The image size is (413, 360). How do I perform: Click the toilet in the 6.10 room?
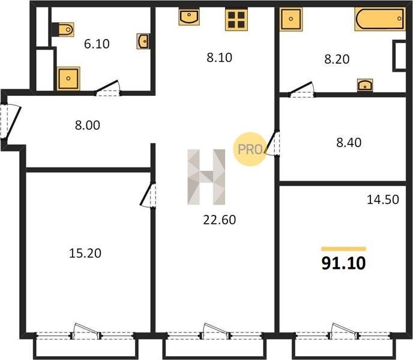[63, 29]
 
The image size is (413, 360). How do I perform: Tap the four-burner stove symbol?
[237, 19]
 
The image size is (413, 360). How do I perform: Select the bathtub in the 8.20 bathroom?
[380, 19]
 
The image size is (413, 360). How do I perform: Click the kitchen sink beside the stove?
[189, 16]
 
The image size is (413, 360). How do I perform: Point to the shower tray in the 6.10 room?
[68, 78]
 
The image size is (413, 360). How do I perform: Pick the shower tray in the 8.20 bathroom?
[291, 19]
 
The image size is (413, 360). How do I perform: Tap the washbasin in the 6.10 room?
[143, 41]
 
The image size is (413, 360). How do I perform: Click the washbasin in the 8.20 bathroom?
[365, 85]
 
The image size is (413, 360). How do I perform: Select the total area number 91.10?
[343, 263]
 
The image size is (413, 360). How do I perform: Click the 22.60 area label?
[220, 220]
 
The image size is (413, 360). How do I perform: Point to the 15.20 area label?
[85, 253]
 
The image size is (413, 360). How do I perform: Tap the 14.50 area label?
[383, 199]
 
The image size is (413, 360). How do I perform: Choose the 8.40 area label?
[349, 142]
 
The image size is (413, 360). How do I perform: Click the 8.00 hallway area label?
[88, 125]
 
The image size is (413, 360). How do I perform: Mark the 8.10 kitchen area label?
[220, 58]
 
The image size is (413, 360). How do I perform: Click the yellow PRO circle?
[250, 149]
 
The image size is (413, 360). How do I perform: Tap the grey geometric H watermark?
[206, 177]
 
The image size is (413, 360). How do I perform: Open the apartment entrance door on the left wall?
[10, 121]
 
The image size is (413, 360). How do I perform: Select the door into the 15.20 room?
[148, 195]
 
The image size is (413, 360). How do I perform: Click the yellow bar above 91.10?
[343, 249]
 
